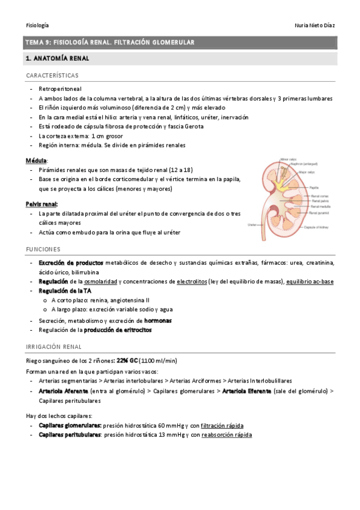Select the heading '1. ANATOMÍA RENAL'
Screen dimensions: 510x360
(57, 59)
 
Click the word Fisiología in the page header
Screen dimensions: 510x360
(37, 25)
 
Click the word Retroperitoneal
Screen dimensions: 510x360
(60, 88)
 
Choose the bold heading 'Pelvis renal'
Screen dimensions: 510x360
(41, 204)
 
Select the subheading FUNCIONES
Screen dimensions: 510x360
(43, 249)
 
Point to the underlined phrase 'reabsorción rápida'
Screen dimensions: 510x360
(227, 434)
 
